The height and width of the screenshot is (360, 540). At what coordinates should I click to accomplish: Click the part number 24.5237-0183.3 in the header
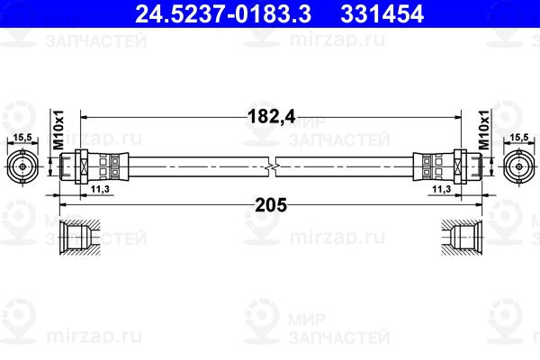tap(223, 13)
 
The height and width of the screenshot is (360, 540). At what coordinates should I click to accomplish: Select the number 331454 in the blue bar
tap(382, 13)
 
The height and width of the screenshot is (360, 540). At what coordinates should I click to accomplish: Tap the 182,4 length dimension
tap(272, 116)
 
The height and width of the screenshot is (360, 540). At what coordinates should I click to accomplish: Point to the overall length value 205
tap(271, 205)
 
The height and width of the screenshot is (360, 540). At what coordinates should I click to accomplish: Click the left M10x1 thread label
tap(58, 130)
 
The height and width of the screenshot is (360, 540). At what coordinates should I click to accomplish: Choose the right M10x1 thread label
tap(484, 130)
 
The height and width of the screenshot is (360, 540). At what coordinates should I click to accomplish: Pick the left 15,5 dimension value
tap(22, 138)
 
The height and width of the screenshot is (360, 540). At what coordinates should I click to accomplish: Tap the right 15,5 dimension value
tap(519, 138)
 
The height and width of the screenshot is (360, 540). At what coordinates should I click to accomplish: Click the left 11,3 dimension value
tap(100, 189)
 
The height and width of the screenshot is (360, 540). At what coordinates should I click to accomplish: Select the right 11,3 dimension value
tap(442, 189)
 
